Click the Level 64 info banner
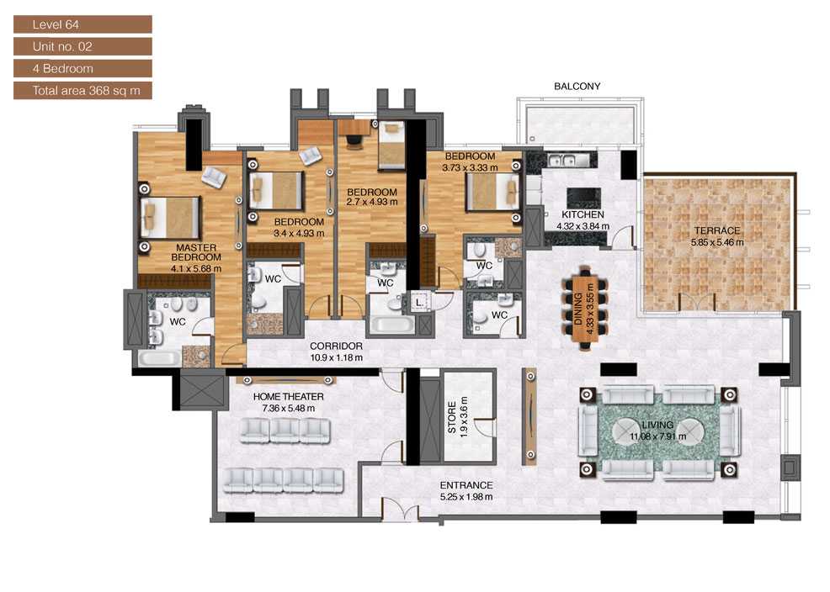pyautogui.click(x=82, y=24)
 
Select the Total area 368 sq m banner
pyautogui.click(x=82, y=90)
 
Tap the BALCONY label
pyautogui.click(x=577, y=86)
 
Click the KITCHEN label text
pyautogui.click(x=583, y=214)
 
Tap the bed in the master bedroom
pyautogui.click(x=172, y=218)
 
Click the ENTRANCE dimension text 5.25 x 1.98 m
pyautogui.click(x=466, y=497)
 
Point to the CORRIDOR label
pyautogui.click(x=336, y=346)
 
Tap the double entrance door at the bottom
pyautogui.click(x=400, y=510)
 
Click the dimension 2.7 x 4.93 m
pyautogui.click(x=372, y=202)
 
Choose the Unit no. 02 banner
pyautogui.click(x=82, y=46)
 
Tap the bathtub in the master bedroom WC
pyautogui.click(x=159, y=358)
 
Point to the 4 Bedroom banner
pyautogui.click(x=82, y=68)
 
